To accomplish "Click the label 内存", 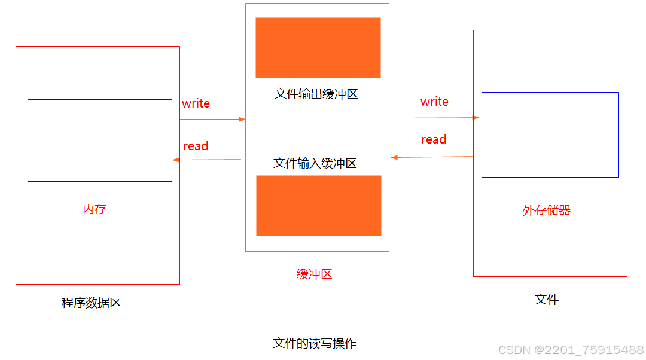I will click(x=95, y=209).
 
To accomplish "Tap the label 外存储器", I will click(x=546, y=210).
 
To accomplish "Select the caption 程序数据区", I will click(x=92, y=303).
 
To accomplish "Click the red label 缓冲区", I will click(x=314, y=274).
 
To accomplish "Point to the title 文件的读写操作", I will click(x=315, y=343).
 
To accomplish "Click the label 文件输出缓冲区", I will click(x=316, y=94).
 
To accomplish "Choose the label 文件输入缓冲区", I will click(x=315, y=163).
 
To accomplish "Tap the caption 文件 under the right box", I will click(x=546, y=300).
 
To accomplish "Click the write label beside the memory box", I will click(x=196, y=103).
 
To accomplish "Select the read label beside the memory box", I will click(x=196, y=146).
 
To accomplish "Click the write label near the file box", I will click(x=434, y=102).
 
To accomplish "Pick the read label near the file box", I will click(x=434, y=139).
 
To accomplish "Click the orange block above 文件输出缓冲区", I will click(x=318, y=48).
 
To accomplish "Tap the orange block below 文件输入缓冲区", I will click(x=319, y=205).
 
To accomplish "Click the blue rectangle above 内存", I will click(x=100, y=140).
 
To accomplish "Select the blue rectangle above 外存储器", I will click(x=550, y=135).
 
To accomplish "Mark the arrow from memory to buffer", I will click(x=212, y=119).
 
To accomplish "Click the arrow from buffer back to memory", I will click(x=207, y=160).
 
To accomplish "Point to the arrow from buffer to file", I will click(x=435, y=118).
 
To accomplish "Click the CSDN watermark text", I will click(x=571, y=350).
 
